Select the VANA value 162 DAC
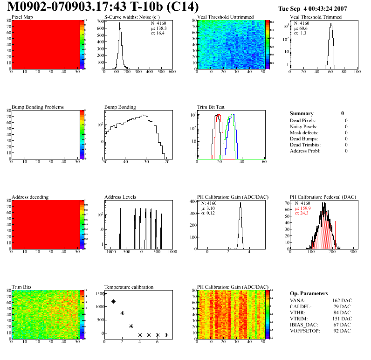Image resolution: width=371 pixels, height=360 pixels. [x=339, y=300]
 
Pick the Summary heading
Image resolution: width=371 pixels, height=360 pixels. [x=301, y=113]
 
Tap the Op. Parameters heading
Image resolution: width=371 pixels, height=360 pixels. [x=309, y=293]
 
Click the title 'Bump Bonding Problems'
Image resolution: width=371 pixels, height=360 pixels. [x=38, y=107]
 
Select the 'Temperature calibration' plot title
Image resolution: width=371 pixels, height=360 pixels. [x=129, y=287]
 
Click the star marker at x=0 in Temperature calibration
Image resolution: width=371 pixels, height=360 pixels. [x=104, y=294]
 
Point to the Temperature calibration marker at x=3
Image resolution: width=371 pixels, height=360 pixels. [x=131, y=326]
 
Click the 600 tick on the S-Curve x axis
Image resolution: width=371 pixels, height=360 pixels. [x=172, y=72]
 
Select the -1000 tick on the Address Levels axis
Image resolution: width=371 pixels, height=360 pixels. [x=110, y=252]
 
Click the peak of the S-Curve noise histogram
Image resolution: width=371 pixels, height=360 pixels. [x=120, y=30]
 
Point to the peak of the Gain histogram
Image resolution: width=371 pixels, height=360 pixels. [x=240, y=203]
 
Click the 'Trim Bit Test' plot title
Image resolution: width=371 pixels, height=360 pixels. [x=211, y=107]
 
